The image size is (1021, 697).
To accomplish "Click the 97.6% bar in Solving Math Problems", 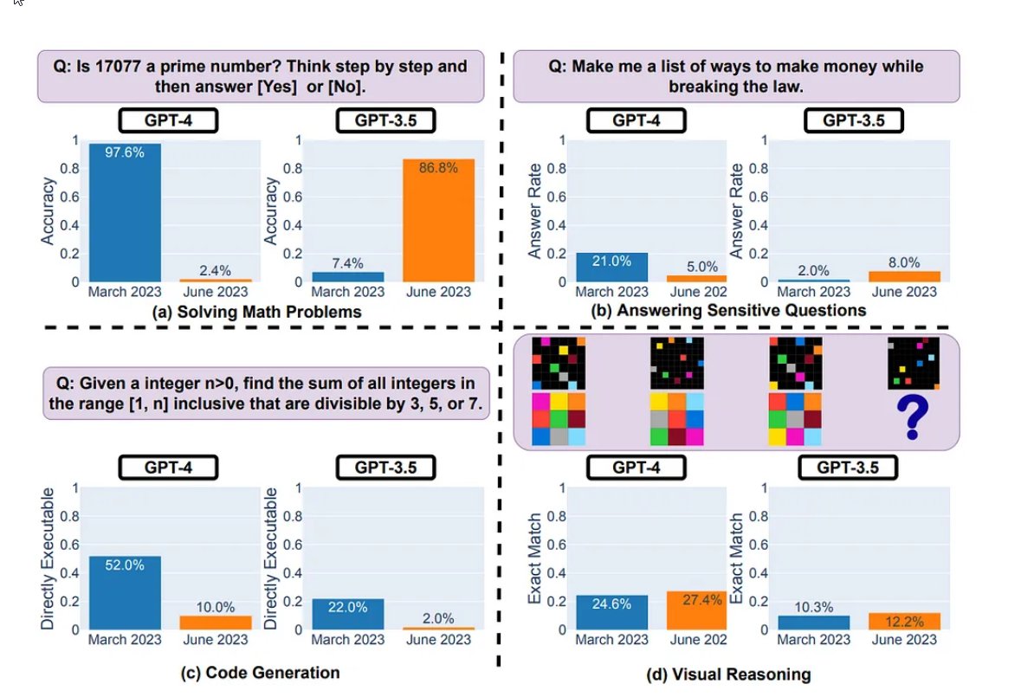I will click(x=125, y=212).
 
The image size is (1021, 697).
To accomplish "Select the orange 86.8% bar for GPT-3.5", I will click(x=438, y=220).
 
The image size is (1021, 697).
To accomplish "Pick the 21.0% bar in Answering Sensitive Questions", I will click(x=611, y=267).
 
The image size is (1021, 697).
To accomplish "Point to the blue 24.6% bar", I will click(x=611, y=611).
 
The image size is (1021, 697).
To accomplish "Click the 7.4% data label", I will click(x=346, y=263).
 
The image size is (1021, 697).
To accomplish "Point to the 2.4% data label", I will click(x=216, y=270).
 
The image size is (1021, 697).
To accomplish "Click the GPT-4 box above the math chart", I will click(x=168, y=119).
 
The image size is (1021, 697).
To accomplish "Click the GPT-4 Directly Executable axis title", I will click(x=48, y=558).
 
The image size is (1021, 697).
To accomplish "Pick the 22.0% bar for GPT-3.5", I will click(x=346, y=613).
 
